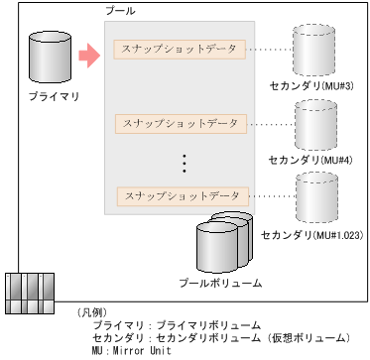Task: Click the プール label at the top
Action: [x=120, y=9]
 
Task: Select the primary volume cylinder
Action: [x=51, y=58]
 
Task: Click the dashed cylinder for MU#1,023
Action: [x=317, y=198]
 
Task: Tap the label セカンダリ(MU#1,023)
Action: [x=309, y=237]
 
